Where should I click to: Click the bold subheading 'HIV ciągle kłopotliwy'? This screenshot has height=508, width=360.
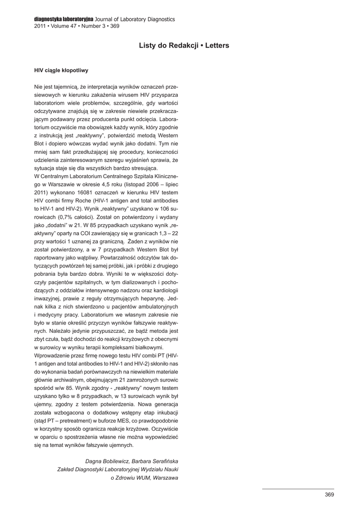coord(61,70)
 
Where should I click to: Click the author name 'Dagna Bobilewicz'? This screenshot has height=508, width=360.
coord(107,461)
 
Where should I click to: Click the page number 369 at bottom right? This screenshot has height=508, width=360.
coord(329,494)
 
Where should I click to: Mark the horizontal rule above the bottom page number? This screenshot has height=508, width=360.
coord(298,489)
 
